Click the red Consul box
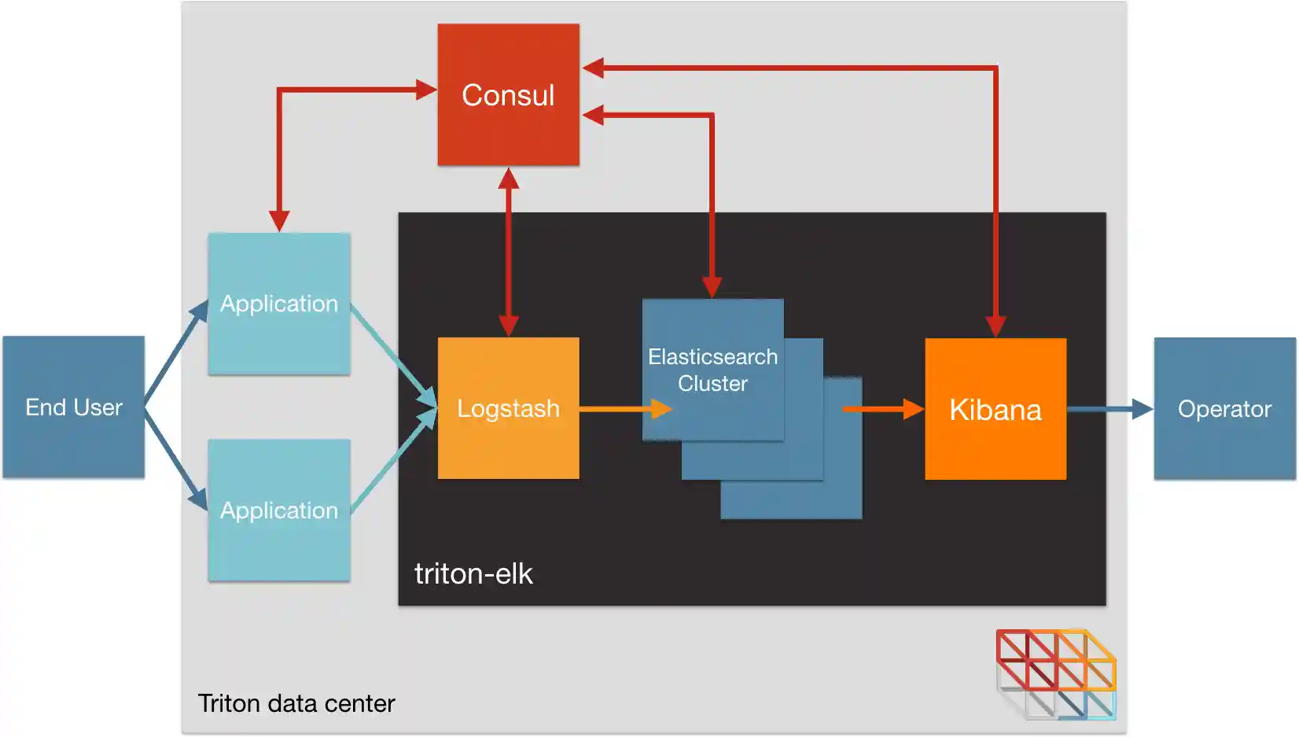pyautogui.click(x=508, y=94)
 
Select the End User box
pyautogui.click(x=73, y=407)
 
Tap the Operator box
pyautogui.click(x=1224, y=408)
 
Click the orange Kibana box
pyautogui.click(x=995, y=409)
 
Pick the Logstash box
pyautogui.click(x=508, y=408)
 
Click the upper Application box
pyautogui.click(x=278, y=304)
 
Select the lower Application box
pyautogui.click(x=278, y=510)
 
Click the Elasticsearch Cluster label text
pyautogui.click(x=712, y=370)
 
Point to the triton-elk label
pyautogui.click(x=473, y=573)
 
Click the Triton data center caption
pyautogui.click(x=296, y=702)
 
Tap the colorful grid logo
pyautogui.click(x=1055, y=673)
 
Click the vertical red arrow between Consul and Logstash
pyautogui.click(x=509, y=252)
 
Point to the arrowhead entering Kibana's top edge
pyautogui.click(x=995, y=326)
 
